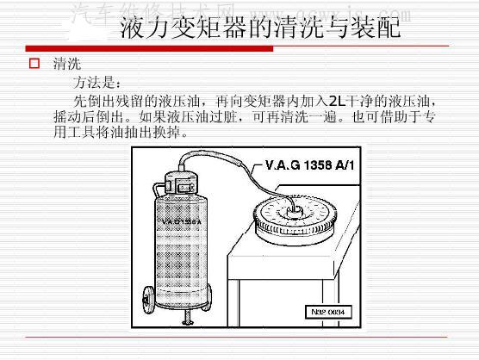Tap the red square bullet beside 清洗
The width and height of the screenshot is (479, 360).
34,64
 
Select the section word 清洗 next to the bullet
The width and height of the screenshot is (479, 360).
66,65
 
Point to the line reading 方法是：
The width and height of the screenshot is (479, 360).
101,84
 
